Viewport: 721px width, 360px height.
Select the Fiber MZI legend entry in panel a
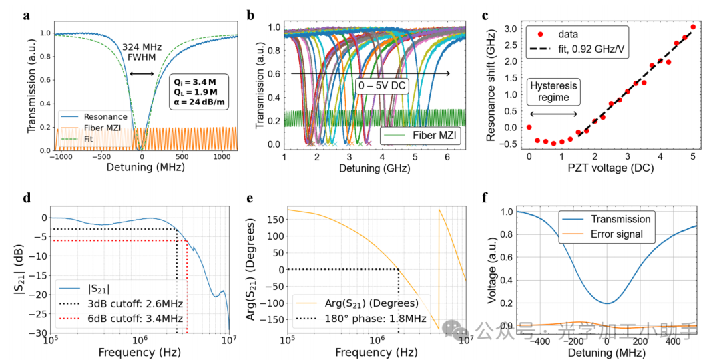99,127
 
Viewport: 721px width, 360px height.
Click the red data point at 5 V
693,27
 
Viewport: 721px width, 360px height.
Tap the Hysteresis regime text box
553,92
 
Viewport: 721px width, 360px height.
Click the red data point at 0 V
529,127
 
